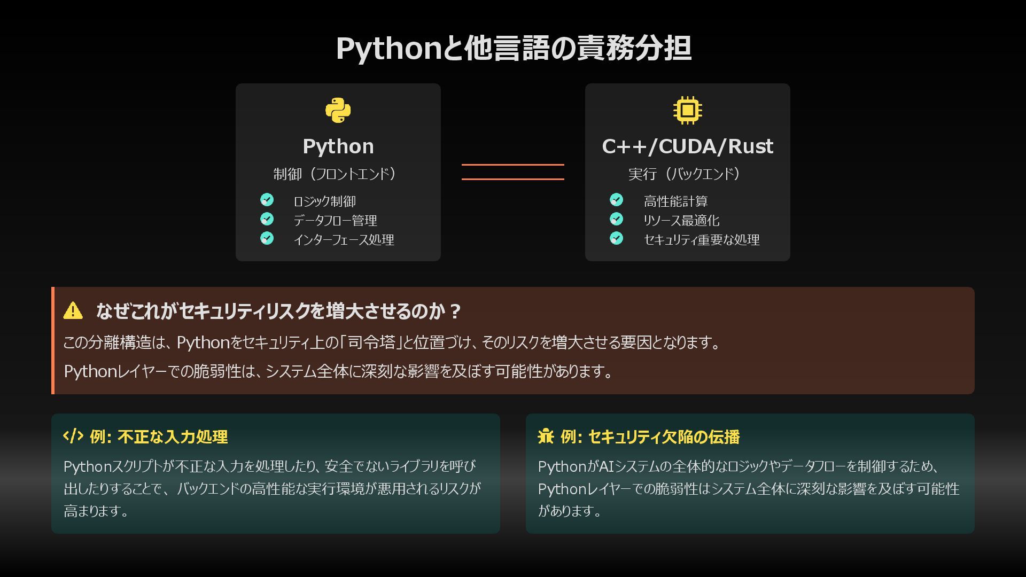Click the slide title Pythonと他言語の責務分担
pos(513,48)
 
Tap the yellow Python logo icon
pos(338,111)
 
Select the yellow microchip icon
pos(688,111)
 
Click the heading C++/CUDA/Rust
pos(688,146)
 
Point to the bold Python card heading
pos(338,146)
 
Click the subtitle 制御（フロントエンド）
pos(335,174)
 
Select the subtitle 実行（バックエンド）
pos(685,174)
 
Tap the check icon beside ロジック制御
pos(267,200)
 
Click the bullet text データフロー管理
pos(335,221)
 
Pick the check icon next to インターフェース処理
pos(267,238)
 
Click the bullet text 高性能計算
pos(675,201)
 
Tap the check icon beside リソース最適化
pos(616,219)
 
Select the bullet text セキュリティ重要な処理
pos(701,240)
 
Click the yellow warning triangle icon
pos(73,310)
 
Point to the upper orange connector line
pos(512,165)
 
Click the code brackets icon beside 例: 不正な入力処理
pos(73,436)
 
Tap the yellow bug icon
pos(546,436)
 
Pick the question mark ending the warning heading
pos(455,311)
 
